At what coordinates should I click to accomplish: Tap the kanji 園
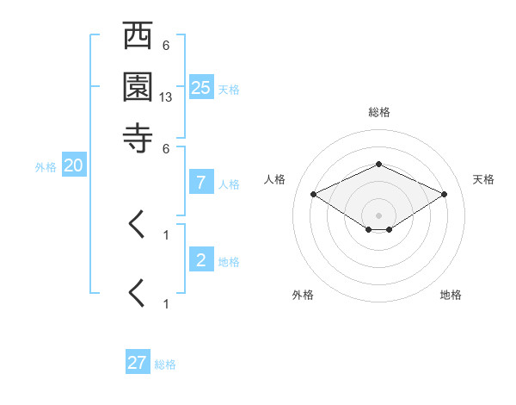[x=138, y=87]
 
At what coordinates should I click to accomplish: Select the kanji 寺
[x=138, y=137]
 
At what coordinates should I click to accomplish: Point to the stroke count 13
[x=166, y=98]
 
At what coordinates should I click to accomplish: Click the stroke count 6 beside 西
[x=165, y=46]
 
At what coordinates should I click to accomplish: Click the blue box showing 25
[x=201, y=87]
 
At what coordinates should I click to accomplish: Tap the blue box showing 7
[x=201, y=183]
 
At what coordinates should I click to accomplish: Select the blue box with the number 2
[x=201, y=260]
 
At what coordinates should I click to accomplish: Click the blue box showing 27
[x=138, y=363]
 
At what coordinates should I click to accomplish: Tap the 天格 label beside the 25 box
[x=229, y=89]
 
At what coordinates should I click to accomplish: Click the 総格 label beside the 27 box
[x=165, y=364]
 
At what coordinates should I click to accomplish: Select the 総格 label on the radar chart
[x=378, y=111]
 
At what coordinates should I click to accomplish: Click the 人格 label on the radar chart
[x=274, y=179]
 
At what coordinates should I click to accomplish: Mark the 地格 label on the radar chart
[x=451, y=296]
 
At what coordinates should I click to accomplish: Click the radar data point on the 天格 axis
[x=445, y=195]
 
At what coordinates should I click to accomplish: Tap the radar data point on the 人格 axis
[x=314, y=195]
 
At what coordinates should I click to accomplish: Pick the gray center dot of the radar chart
[x=379, y=215]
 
